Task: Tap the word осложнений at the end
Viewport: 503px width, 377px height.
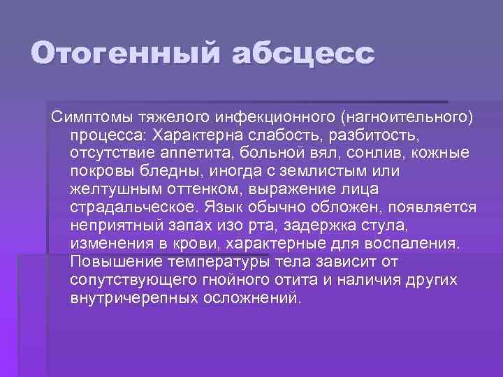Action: tap(256, 298)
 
